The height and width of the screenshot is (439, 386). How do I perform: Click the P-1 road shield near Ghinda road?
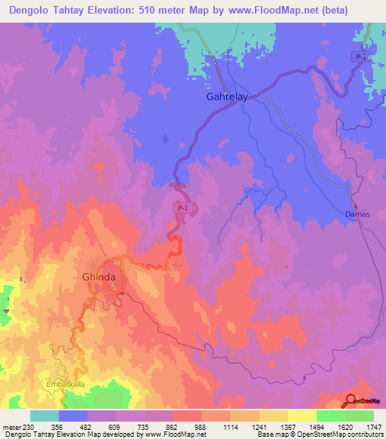pos(182,207)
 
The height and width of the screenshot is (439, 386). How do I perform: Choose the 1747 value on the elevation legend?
pos(373,426)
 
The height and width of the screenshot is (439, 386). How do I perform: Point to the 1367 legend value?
pos(287,426)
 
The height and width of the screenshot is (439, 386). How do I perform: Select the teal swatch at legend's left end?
pos(44,416)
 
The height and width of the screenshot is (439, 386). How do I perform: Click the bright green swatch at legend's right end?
pos(360,416)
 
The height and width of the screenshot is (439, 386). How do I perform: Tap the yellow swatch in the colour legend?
pos(302,416)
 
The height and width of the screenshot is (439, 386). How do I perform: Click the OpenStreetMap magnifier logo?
pos(351,401)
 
